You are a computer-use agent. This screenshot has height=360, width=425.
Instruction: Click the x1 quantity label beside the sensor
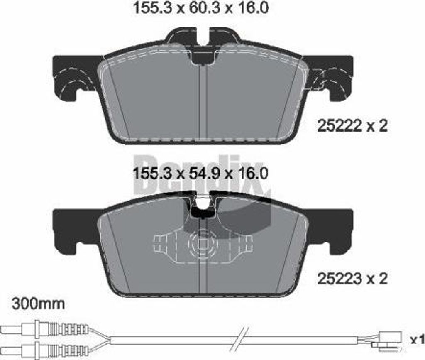tap(417, 339)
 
